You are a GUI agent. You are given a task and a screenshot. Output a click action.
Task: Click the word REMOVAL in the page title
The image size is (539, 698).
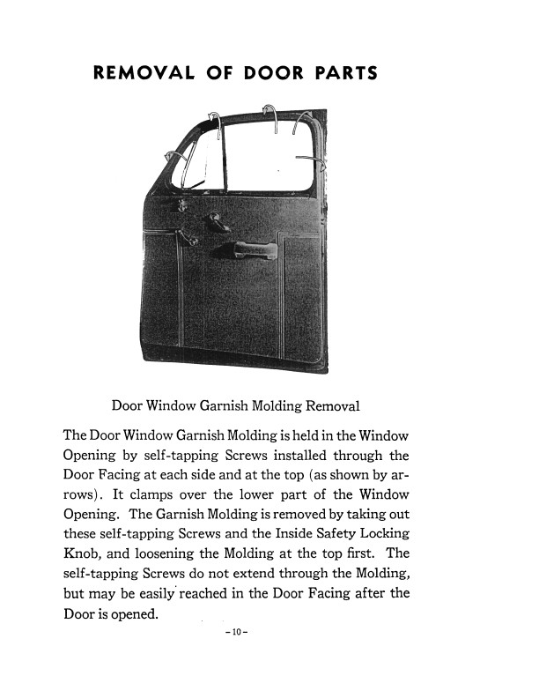(143, 72)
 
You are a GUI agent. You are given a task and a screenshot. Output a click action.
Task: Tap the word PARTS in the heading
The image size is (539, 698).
(345, 72)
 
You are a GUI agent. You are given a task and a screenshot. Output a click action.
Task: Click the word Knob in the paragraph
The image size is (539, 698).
(82, 553)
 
